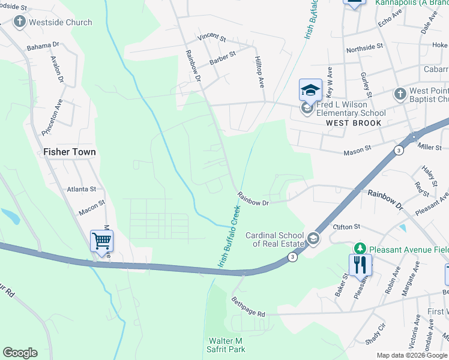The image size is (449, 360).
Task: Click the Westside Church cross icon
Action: [19, 22]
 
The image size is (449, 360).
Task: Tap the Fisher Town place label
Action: [69, 152]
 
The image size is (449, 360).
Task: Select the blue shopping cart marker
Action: [101, 241]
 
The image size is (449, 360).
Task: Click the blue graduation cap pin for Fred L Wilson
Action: [310, 90]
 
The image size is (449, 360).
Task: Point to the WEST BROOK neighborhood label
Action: [354, 123]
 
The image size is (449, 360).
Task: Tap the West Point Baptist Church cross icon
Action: [400, 94]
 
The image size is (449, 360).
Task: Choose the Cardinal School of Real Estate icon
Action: [312, 239]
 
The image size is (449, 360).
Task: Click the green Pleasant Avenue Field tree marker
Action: [360, 248]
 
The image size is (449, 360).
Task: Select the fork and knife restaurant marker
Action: [360, 265]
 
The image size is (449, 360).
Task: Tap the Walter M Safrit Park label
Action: [227, 344]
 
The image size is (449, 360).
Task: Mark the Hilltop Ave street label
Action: [259, 74]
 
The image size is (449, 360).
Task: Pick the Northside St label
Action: [364, 47]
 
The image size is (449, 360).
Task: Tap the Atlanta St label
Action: [82, 188]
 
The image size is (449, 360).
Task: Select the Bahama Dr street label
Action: [43, 45]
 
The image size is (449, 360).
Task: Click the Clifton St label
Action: [346, 227]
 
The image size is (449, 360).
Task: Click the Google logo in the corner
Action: [20, 353]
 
